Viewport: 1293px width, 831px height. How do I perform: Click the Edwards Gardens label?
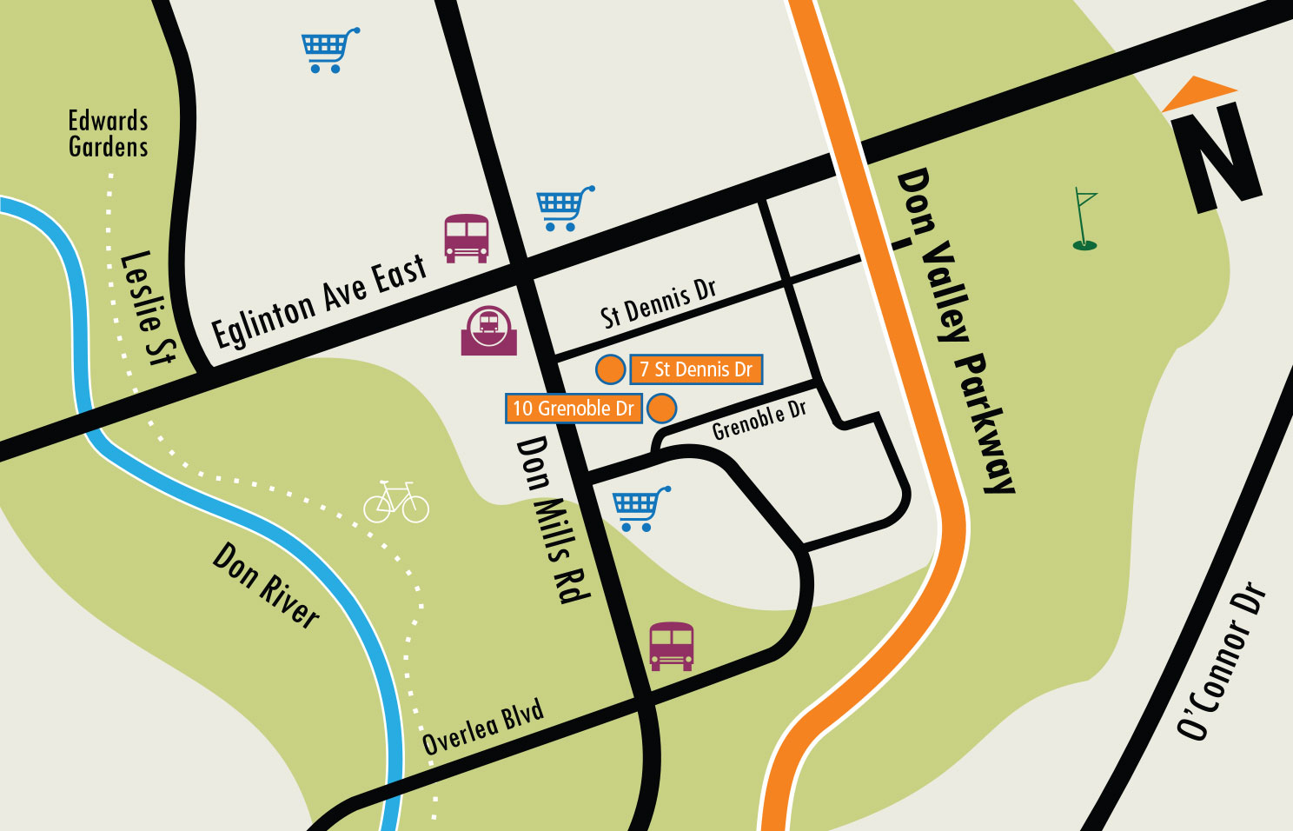tap(109, 134)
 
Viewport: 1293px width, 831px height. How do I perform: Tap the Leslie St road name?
tap(148, 308)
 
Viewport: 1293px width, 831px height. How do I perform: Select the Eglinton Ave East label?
tap(320, 301)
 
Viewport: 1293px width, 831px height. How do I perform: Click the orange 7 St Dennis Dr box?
tap(696, 369)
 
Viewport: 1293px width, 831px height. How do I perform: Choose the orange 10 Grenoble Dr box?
tap(574, 409)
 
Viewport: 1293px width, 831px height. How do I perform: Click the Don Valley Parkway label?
tap(955, 331)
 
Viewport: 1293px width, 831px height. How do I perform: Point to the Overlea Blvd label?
tap(483, 727)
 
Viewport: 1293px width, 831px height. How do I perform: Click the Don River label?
tap(266, 585)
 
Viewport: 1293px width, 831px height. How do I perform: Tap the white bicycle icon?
tap(396, 502)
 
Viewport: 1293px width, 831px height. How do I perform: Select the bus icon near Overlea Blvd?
tap(672, 646)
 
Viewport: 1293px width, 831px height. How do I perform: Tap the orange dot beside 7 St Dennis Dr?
tap(611, 369)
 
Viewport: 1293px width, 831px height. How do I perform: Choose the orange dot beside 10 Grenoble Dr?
tap(662, 409)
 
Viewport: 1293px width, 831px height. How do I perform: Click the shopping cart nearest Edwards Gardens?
tap(329, 50)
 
